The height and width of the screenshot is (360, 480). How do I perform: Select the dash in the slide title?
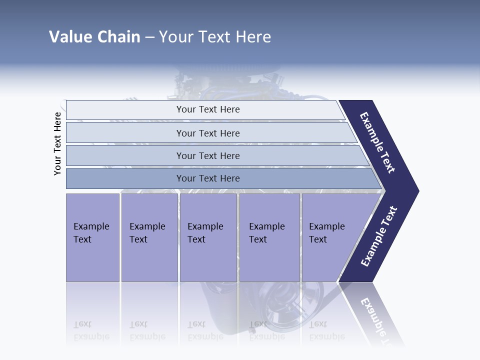[149, 37]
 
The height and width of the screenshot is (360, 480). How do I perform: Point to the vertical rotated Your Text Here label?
[57, 143]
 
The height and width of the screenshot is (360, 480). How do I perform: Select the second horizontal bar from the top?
[207, 133]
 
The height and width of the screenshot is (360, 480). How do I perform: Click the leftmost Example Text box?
[92, 237]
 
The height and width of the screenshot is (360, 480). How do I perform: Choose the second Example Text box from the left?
[149, 237]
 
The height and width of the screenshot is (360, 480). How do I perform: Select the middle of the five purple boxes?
[208, 237]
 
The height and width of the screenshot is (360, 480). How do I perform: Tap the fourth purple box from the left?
[269, 237]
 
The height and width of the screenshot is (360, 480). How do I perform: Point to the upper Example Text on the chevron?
[377, 143]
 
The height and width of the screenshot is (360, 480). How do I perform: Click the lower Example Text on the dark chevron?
[379, 236]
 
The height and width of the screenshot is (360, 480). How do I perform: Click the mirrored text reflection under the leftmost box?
[91, 330]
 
